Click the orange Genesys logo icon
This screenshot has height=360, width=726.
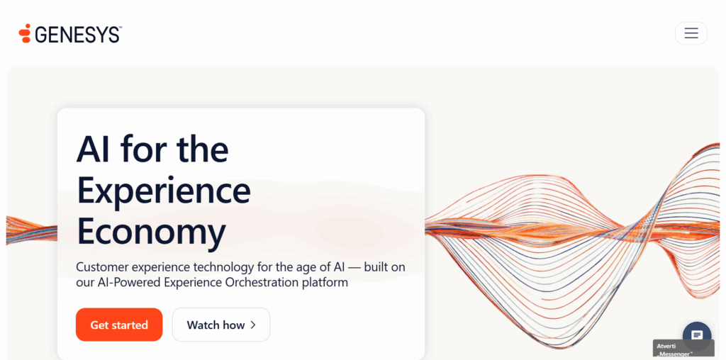pyautogui.click(x=25, y=33)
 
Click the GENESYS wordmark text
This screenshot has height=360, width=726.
pyautogui.click(x=78, y=34)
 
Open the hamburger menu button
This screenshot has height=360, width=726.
pyautogui.click(x=691, y=33)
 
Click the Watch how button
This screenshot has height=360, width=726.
pyautogui.click(x=220, y=325)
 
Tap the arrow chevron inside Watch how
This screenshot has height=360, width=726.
pyautogui.click(x=253, y=325)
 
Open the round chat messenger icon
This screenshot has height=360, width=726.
pyautogui.click(x=696, y=334)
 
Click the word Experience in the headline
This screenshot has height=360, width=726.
pyautogui.click(x=164, y=190)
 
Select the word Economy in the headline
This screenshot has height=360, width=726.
pyautogui.click(x=151, y=231)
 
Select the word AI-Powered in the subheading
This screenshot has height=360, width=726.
pyautogui.click(x=126, y=282)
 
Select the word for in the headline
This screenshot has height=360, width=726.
pyautogui.click(x=145, y=149)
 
